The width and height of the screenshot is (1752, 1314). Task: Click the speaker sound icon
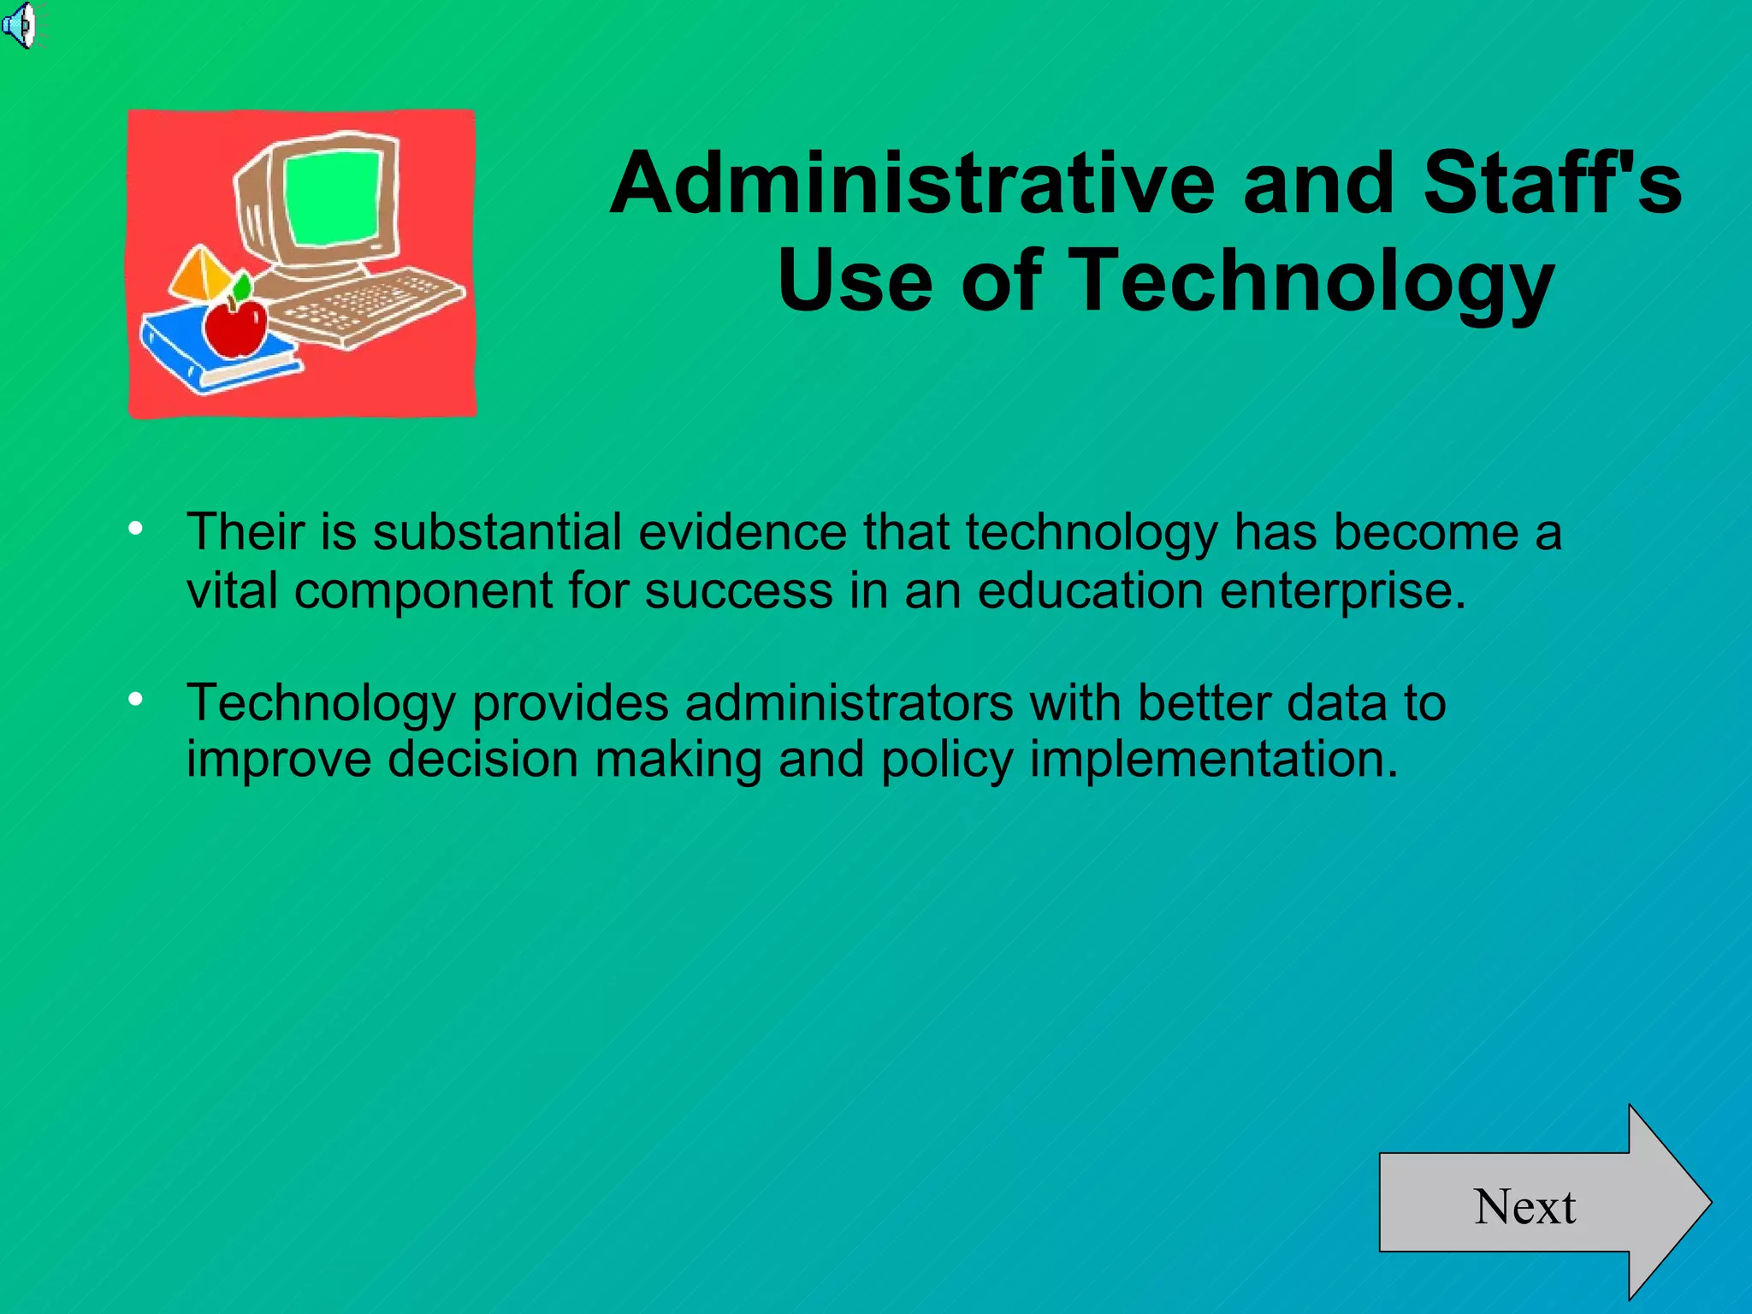coord(19,26)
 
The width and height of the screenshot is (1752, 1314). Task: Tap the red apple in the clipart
coord(235,327)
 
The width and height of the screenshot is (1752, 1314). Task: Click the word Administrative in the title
coord(912,183)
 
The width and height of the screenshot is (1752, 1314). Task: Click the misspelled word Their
coord(246,532)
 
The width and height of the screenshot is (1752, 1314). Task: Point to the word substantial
coord(497,532)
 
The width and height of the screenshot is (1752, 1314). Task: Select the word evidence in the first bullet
coord(742,532)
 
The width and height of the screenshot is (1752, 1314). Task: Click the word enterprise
coord(1342,590)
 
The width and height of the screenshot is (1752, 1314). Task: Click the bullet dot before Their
coord(135,530)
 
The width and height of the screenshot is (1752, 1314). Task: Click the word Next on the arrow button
coord(1524,1207)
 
